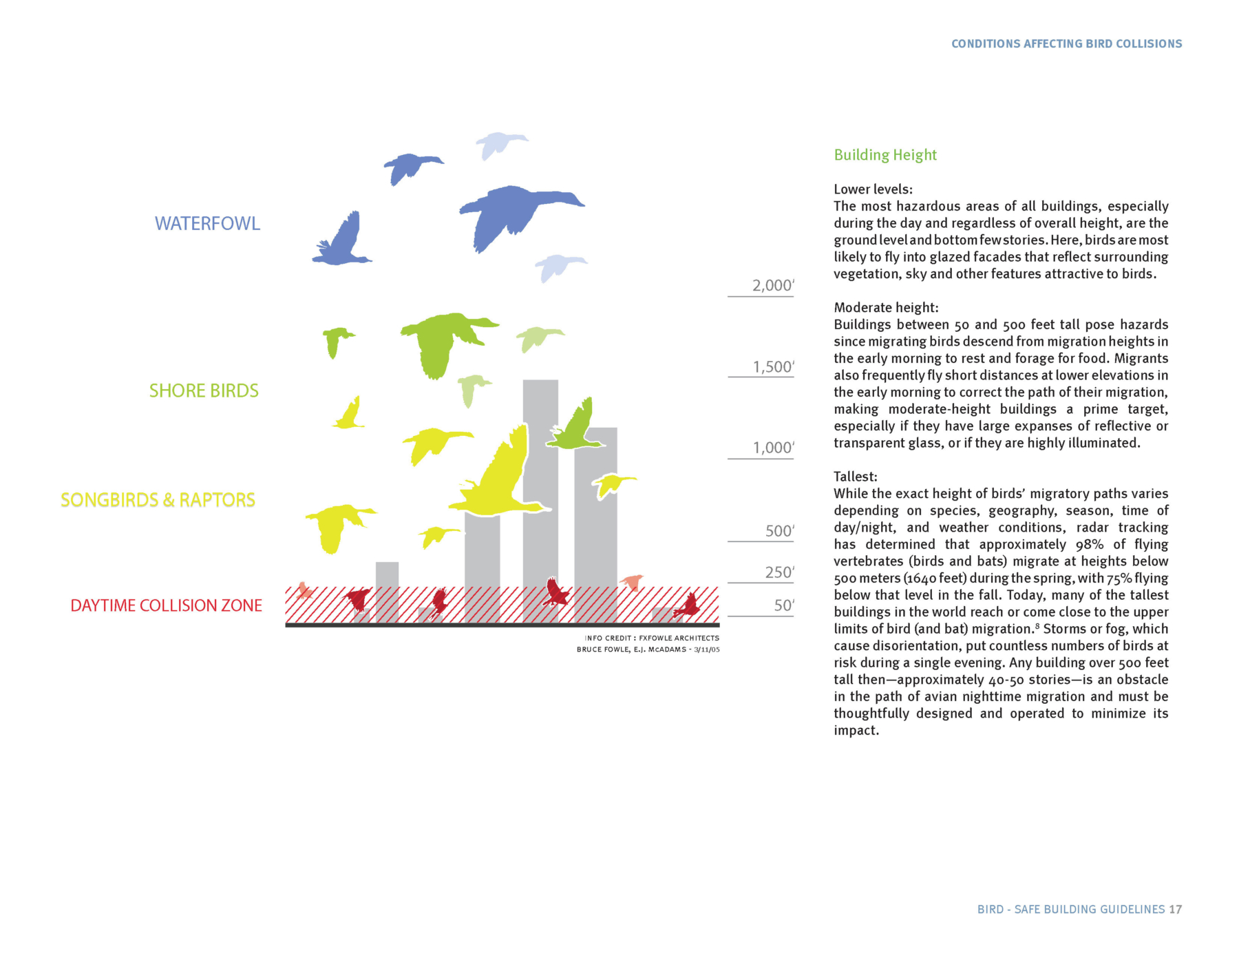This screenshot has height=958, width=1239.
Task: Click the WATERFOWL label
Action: pyautogui.click(x=207, y=224)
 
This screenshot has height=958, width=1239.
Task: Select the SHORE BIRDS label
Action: pyautogui.click(x=204, y=391)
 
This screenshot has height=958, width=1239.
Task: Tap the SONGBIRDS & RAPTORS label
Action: pyautogui.click(x=158, y=500)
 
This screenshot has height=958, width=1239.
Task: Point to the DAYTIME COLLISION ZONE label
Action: pyautogui.click(x=166, y=605)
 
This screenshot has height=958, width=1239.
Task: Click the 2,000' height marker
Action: pyautogui.click(x=772, y=286)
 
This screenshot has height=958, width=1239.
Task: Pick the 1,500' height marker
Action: pyautogui.click(x=773, y=367)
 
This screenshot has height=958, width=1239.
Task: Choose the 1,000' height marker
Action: pyautogui.click(x=773, y=448)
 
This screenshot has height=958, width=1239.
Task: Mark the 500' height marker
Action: pyautogui.click(x=779, y=531)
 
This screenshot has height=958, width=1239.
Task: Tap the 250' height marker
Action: pyautogui.click(x=779, y=572)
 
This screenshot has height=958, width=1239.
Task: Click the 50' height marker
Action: pyautogui.click(x=783, y=605)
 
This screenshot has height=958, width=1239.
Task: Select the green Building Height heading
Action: pyautogui.click(x=885, y=155)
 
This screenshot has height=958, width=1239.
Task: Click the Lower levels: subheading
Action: pyautogui.click(x=873, y=189)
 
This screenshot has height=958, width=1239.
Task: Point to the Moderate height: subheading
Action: pyautogui.click(x=886, y=308)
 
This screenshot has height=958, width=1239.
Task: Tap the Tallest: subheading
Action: pyautogui.click(x=855, y=477)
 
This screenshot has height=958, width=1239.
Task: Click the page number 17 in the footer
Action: pyautogui.click(x=1175, y=909)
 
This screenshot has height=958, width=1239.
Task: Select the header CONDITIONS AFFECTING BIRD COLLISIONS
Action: pyautogui.click(x=1066, y=44)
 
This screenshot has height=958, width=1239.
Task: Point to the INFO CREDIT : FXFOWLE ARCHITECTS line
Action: pyautogui.click(x=651, y=638)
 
